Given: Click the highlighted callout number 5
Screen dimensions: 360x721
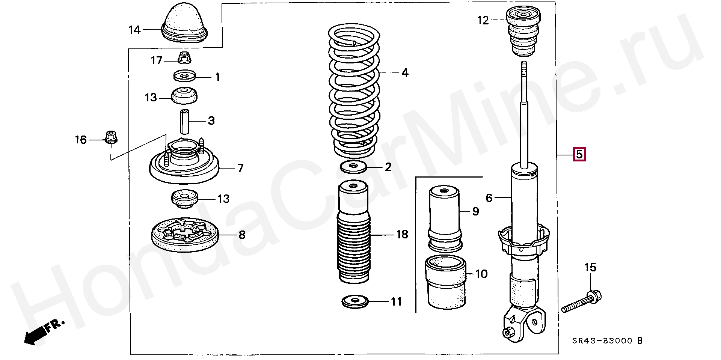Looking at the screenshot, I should (x=579, y=154).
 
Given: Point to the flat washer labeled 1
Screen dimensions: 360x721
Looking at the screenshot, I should (x=185, y=77).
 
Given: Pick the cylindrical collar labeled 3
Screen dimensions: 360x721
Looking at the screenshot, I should (x=184, y=122).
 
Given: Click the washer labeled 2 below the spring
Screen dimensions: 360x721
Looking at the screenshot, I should (x=353, y=167).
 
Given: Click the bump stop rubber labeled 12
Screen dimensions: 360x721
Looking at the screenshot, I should (x=523, y=33).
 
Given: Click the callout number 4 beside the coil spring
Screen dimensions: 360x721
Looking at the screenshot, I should (x=404, y=72).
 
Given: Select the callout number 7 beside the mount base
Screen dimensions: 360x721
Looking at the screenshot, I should (x=240, y=168).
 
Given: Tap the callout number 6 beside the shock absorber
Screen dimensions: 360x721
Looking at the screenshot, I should (x=489, y=197).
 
